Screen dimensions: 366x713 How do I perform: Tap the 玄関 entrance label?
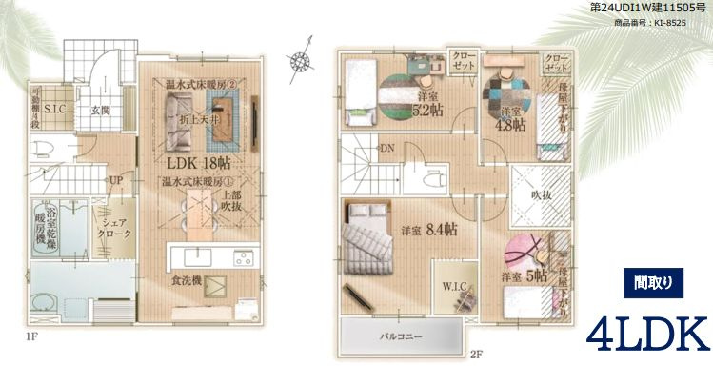click(102, 111)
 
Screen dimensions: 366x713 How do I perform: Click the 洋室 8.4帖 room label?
click(431, 230)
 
